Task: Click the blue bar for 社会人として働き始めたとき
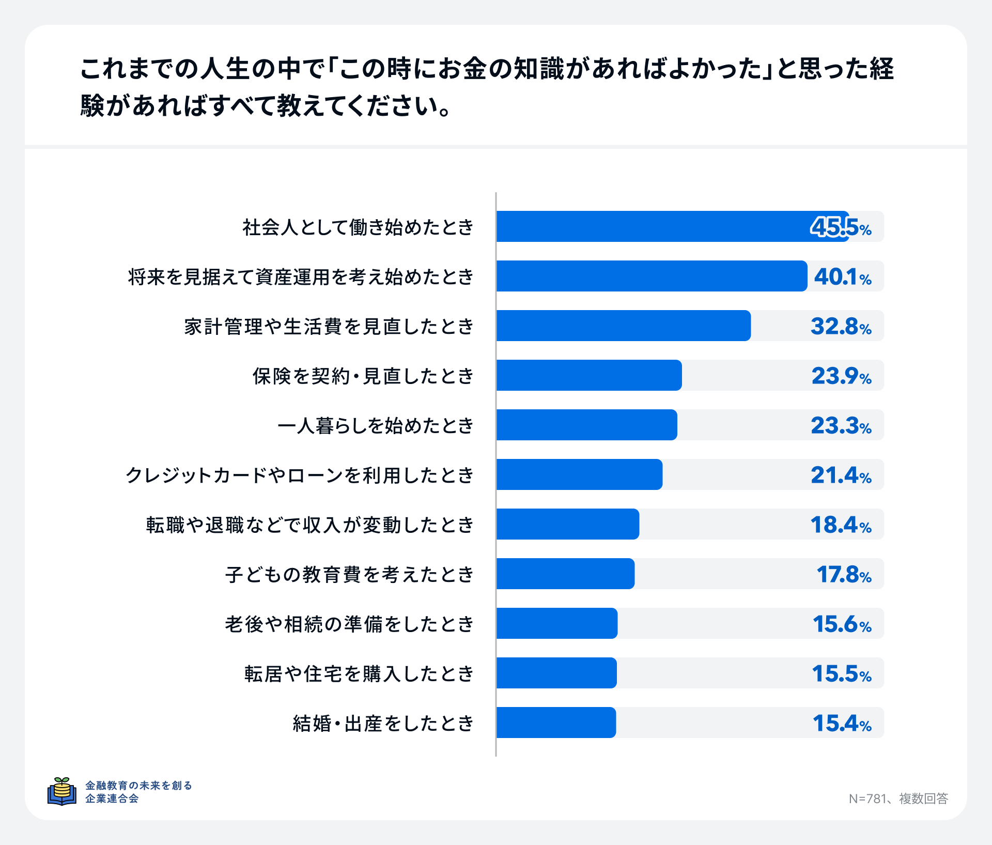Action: click(672, 226)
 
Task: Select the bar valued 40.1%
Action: click(651, 276)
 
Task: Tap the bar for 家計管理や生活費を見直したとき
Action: click(623, 326)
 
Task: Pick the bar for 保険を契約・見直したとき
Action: click(589, 375)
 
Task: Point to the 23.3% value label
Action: click(841, 425)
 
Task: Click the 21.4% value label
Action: click(841, 475)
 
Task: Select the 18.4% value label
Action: click(841, 525)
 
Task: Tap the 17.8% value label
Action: click(844, 574)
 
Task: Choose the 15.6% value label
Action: click(842, 624)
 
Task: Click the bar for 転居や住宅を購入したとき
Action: click(556, 673)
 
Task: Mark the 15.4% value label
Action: click(842, 723)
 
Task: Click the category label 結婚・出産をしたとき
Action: click(383, 723)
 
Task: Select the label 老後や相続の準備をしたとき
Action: click(349, 624)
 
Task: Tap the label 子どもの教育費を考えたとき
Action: click(349, 574)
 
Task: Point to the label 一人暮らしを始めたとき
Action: click(376, 425)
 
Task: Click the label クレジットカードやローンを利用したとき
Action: click(300, 475)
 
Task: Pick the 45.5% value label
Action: click(841, 227)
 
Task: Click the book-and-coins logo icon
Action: click(62, 791)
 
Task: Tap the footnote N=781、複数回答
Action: click(898, 798)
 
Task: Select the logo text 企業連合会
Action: click(112, 798)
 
